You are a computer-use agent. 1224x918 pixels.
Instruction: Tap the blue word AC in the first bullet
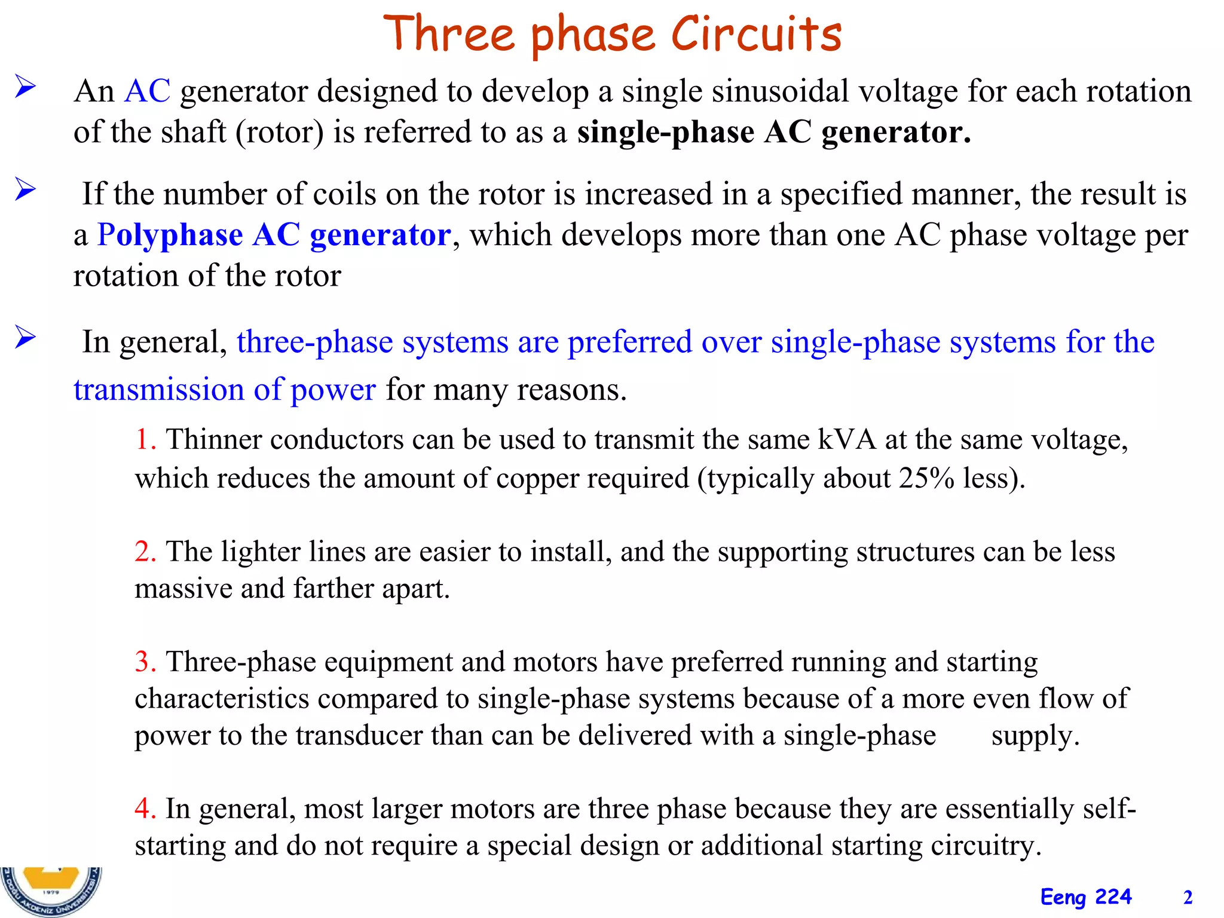(147, 91)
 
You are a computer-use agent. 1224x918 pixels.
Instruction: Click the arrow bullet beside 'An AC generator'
(26, 87)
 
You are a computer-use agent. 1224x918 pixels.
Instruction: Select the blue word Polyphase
(170, 235)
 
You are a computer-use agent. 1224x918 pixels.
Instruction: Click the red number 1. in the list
(145, 440)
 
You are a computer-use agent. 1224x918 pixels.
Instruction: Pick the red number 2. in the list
(145, 551)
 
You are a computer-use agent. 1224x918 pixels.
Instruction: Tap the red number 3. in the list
(145, 662)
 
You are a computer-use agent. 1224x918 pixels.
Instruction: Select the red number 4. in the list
(145, 809)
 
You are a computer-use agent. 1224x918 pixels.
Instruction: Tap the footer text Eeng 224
(1085, 897)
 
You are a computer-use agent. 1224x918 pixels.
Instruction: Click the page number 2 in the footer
(1188, 898)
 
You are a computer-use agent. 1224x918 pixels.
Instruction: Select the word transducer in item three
(359, 735)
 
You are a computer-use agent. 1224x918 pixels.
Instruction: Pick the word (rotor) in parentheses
(279, 132)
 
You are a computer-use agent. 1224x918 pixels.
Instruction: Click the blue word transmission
(158, 390)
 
